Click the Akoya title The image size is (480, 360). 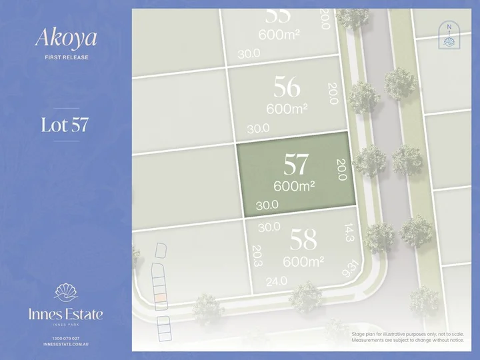(66, 38)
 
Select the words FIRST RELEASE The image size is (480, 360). (66, 57)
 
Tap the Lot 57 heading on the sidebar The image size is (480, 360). (65, 125)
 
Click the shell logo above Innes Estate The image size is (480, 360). (65, 293)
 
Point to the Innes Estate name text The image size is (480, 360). (65, 313)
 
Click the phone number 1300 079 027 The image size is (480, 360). (65, 338)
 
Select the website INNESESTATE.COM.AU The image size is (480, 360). (65, 345)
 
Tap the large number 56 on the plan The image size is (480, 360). (287, 87)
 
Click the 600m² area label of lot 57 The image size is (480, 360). (294, 186)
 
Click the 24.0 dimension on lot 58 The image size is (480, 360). (277, 281)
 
